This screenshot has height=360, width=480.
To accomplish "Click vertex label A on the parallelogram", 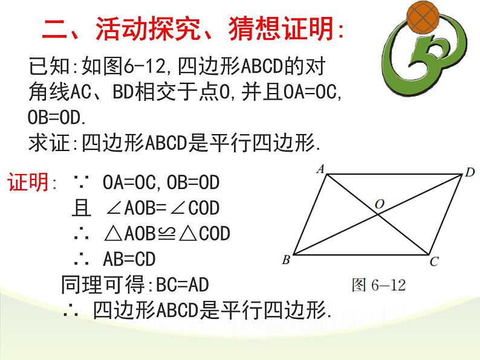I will point(320,169).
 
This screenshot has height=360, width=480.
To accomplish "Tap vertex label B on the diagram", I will point(285,260).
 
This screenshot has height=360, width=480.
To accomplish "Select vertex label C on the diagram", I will point(433,262).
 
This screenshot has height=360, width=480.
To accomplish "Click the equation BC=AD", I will point(182,284).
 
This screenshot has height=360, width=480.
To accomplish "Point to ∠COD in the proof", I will point(196,208).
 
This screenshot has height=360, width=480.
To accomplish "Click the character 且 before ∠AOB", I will point(80,208).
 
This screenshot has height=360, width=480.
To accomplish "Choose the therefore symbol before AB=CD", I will point(80,259).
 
